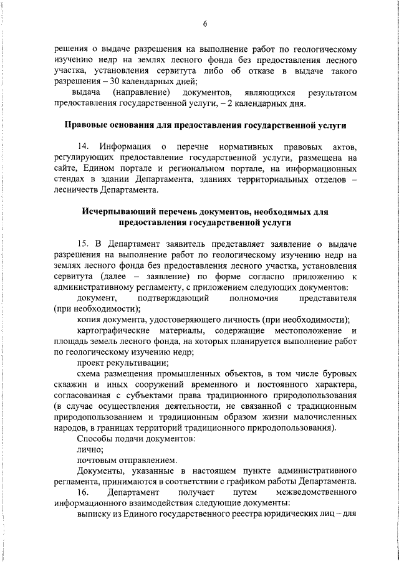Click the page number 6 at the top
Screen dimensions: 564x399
204,24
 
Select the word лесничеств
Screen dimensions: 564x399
77,190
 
